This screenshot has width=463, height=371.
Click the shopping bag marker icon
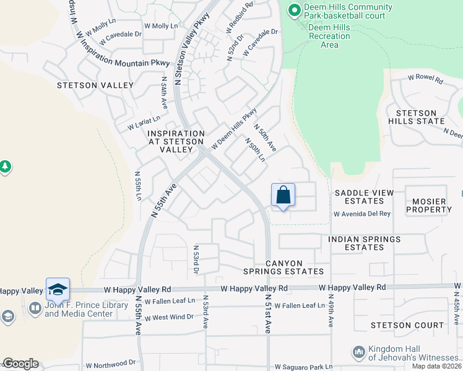(x=283, y=195)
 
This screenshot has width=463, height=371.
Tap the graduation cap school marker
(x=58, y=289)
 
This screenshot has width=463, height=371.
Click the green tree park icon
(x=5, y=167)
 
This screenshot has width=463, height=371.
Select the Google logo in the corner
(x=20, y=364)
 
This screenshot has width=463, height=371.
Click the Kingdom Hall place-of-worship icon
(x=358, y=352)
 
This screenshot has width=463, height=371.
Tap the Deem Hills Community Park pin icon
(x=295, y=11)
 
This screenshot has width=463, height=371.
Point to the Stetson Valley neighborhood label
(x=95, y=85)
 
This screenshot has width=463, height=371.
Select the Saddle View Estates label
(x=364, y=197)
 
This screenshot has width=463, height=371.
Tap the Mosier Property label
(x=429, y=205)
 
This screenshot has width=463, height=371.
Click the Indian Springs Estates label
(x=365, y=243)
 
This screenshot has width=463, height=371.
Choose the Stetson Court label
(x=407, y=325)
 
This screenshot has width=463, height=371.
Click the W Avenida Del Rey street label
(x=362, y=214)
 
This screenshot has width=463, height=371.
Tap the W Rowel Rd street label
(x=425, y=80)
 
